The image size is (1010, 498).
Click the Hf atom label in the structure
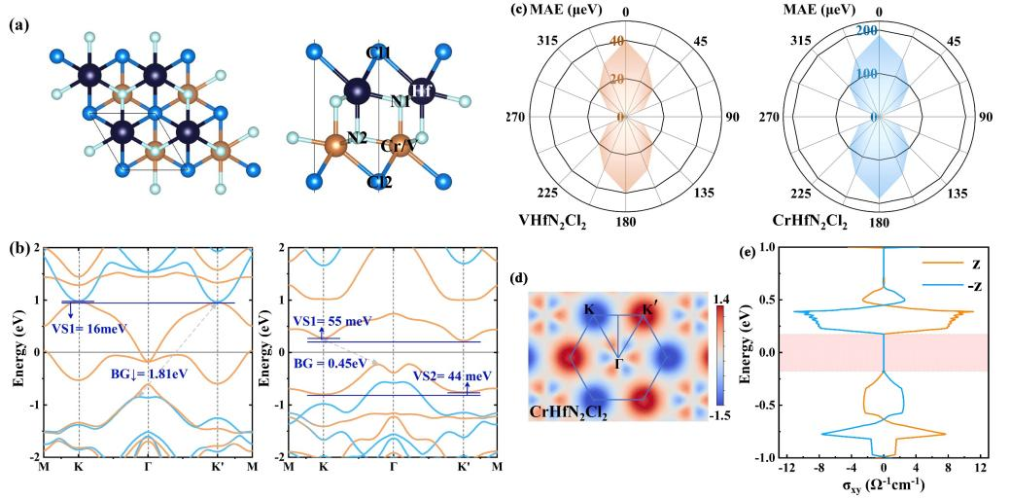[x=422, y=90]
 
